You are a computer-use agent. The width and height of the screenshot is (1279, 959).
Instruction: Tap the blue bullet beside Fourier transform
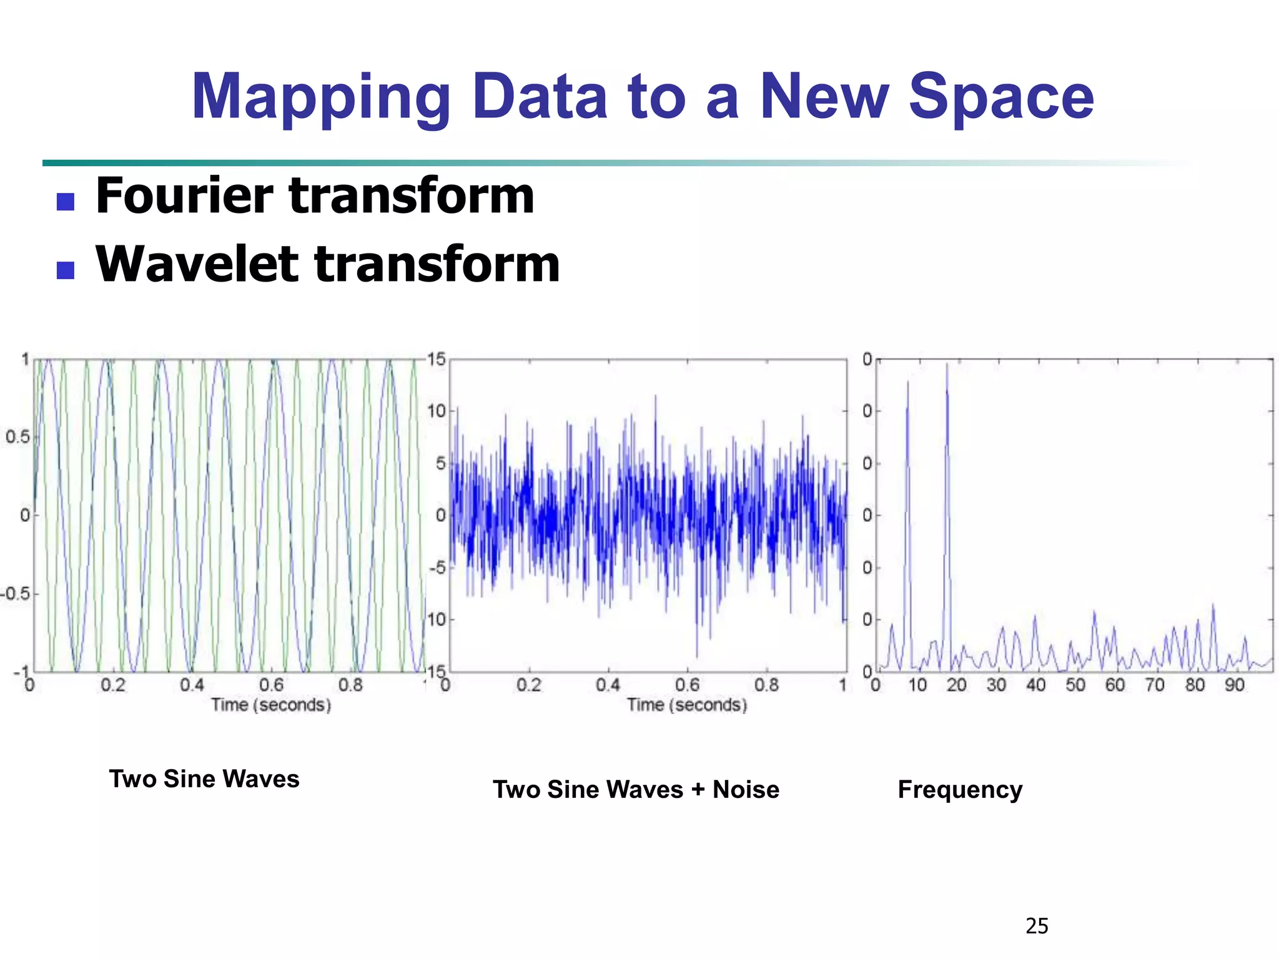66,201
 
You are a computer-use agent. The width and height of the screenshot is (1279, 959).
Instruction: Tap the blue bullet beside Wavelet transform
66,270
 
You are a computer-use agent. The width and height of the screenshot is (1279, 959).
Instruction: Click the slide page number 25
1037,926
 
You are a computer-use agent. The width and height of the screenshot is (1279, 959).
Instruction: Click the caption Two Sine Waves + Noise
636,790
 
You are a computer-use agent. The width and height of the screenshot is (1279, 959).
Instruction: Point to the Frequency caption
960,790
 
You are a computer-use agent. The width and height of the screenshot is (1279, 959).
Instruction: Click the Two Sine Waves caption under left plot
204,779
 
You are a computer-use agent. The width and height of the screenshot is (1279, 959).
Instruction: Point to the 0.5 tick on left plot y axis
17,437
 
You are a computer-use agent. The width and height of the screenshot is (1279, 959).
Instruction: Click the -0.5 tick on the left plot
15,594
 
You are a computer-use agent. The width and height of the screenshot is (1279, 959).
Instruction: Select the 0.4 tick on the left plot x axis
192,686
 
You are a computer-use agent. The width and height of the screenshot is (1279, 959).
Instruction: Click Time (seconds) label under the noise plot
687,705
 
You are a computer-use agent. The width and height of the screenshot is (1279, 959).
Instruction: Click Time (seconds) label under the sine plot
271,705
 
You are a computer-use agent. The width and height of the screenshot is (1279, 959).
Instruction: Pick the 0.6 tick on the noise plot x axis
687,686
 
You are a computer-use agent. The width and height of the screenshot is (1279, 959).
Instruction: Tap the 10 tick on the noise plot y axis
437,411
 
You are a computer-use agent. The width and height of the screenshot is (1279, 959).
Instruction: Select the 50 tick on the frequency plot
1075,686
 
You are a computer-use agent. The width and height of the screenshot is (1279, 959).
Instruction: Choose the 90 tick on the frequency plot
1234,686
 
